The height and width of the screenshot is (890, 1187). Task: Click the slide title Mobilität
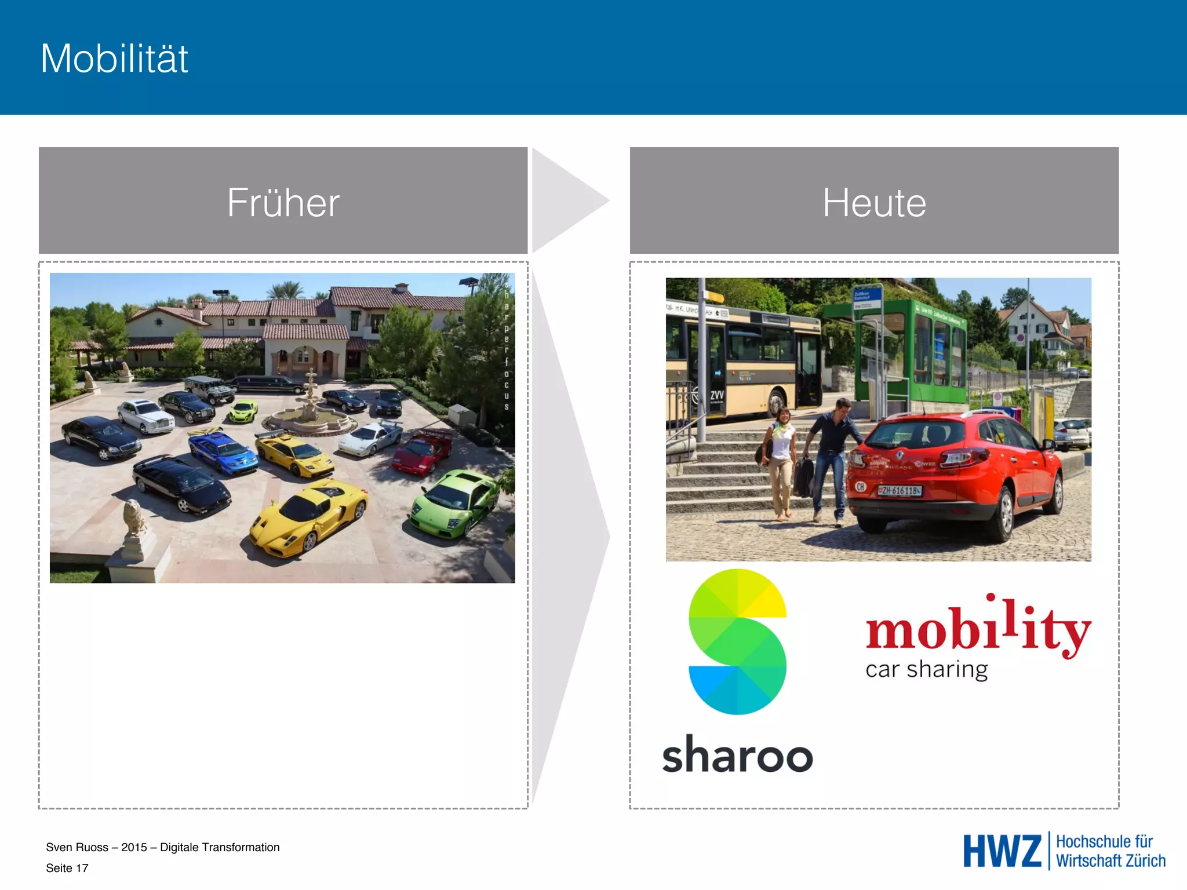click(x=114, y=59)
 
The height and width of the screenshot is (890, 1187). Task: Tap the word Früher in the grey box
click(x=283, y=202)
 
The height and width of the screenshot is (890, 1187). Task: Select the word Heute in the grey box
click(x=874, y=202)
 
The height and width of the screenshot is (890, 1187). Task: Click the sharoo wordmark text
click(x=737, y=754)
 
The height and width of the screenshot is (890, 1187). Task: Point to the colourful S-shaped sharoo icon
click(x=737, y=641)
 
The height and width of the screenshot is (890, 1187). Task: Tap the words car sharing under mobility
click(x=926, y=670)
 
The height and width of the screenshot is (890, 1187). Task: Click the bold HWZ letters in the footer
click(x=1002, y=851)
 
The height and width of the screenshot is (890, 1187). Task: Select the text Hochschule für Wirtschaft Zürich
click(x=1110, y=851)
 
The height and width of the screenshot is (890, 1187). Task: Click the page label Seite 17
click(x=67, y=868)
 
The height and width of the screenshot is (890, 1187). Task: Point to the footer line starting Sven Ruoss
click(x=162, y=847)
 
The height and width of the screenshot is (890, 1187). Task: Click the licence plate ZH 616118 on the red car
click(x=899, y=491)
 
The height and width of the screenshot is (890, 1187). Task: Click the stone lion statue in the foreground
click(x=135, y=519)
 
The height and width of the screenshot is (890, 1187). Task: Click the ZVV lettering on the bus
click(x=717, y=395)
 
